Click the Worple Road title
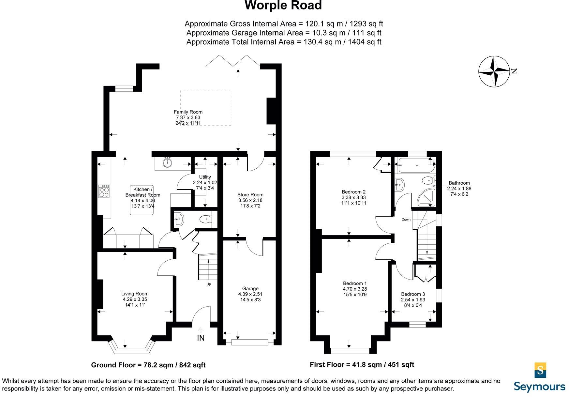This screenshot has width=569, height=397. pos(283,6)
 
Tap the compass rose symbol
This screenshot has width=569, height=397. pos(494,71)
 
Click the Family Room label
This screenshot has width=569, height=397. pos(188,112)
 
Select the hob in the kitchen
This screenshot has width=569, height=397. pos(104,191)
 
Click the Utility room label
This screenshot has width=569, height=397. pos(205,177)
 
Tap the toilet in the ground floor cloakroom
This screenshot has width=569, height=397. pos(204,219)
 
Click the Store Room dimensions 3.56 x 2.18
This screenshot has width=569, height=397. pos(250,200)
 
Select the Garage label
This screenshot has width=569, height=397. pos(250,288)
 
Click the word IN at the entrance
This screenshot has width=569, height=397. pos(201,338)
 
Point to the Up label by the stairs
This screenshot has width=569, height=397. pos(209,284)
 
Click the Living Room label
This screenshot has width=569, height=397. pos(135,294)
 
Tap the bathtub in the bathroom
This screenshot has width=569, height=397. pos(416,165)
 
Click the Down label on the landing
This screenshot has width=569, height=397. pos(406,220)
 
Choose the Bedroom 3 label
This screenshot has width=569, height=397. pos(413,294)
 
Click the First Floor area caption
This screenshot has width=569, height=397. pos(362,364)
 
